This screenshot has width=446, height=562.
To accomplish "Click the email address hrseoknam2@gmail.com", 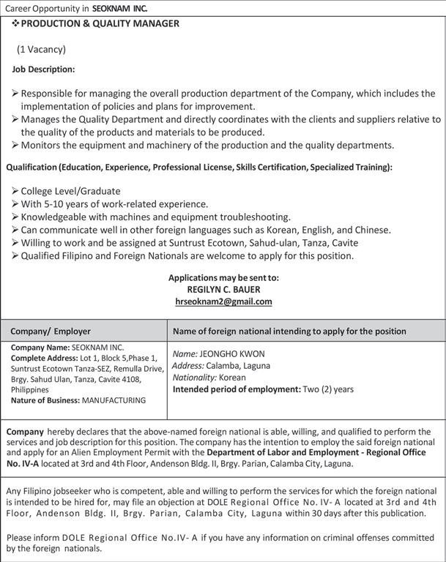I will [223, 301].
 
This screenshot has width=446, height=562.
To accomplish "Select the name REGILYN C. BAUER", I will [223, 290].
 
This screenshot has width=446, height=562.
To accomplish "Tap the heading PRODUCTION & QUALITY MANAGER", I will [100, 24].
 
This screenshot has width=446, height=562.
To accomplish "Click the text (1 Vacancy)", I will [42, 50].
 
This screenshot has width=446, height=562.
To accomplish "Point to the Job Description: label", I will [43, 70].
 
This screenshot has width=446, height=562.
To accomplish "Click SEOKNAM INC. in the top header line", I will [120, 8].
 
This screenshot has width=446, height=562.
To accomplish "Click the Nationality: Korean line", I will [209, 378].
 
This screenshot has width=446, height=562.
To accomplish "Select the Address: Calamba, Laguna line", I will [221, 365].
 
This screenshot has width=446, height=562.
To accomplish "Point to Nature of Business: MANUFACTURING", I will [78, 400].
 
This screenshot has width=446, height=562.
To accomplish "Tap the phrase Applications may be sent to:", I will [223, 278].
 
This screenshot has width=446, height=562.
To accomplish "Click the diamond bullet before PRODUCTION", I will [15, 24].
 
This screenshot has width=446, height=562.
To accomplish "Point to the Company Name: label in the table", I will [39, 347].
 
